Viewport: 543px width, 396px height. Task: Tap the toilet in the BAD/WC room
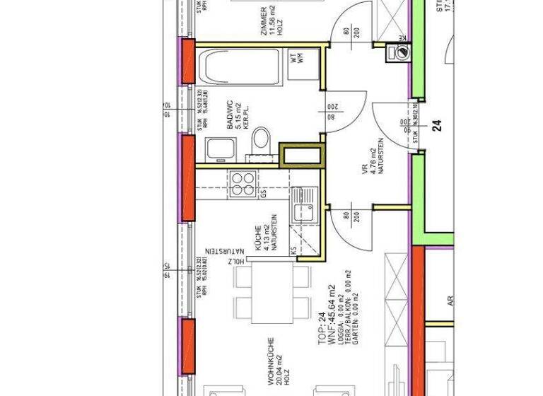[262, 139]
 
